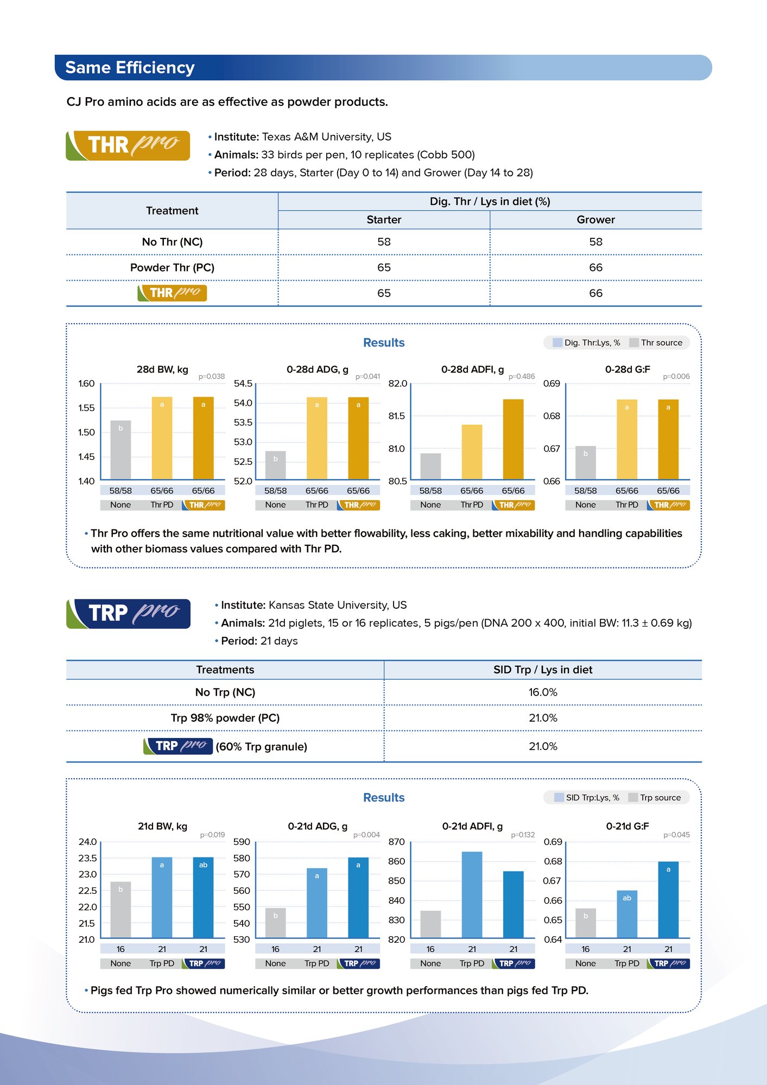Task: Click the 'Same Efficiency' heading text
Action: (x=130, y=67)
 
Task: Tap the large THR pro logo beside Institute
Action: (x=128, y=146)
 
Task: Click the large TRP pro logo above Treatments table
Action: (x=129, y=614)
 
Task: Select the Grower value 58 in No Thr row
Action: (x=595, y=242)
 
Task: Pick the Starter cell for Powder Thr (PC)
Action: (x=384, y=267)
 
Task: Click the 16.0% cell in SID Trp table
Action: (x=543, y=692)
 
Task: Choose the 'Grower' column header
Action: (x=595, y=219)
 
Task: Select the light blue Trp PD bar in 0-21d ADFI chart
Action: (x=472, y=894)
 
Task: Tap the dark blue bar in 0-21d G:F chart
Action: (x=668, y=899)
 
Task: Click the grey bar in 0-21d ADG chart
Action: (x=275, y=923)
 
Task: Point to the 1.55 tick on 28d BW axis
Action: (x=86, y=408)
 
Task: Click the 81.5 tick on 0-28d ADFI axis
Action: (x=397, y=416)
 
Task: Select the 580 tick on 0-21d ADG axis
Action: (x=242, y=858)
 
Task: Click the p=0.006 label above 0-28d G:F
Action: (x=676, y=376)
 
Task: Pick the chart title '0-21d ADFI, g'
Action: (x=472, y=826)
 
